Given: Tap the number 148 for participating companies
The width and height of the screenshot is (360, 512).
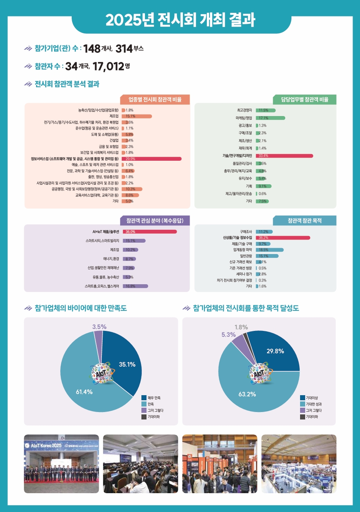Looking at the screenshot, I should [92, 49].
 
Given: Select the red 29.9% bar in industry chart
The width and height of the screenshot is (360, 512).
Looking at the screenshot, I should [152, 159].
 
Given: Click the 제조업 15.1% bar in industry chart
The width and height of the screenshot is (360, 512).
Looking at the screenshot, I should [137, 116].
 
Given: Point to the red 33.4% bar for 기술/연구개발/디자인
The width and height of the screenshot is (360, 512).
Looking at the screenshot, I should [284, 156].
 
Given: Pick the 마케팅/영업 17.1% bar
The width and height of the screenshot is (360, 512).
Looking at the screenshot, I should [270, 118].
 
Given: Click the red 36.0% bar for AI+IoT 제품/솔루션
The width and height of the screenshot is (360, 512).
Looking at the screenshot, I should [150, 232].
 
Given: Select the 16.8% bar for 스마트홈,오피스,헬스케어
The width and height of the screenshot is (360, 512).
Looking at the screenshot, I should [136, 286].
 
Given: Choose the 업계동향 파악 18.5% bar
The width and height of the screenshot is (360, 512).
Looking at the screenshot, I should [270, 250].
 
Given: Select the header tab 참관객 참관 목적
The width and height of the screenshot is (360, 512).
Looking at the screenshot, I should [304, 221].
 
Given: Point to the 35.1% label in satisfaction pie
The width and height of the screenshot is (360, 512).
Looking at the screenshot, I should [127, 364].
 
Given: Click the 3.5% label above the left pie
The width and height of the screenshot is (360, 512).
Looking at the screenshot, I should [99, 327].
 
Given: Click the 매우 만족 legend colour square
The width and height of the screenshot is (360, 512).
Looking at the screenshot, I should [144, 398].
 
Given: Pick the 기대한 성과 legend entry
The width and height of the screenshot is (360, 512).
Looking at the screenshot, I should [314, 404].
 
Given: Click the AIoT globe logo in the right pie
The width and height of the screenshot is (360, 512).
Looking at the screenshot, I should [259, 374].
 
